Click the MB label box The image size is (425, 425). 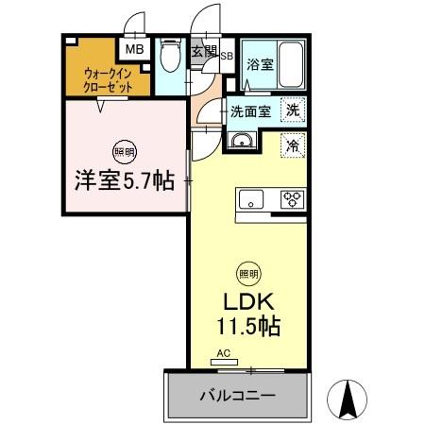pos(134,48)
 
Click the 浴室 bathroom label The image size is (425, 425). pos(260,65)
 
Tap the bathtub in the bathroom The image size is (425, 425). pos(288,65)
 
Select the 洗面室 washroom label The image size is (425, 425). pos(252,110)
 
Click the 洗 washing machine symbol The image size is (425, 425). pos(295,110)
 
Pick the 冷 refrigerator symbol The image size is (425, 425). pos(294,145)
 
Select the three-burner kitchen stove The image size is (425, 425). pos(292,199)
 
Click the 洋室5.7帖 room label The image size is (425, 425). pos(124,181)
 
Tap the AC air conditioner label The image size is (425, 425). pos(225,355)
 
